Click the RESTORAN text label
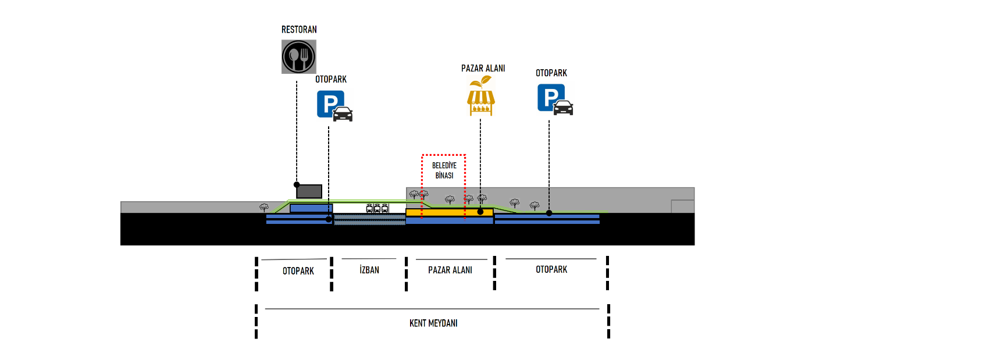pos(299,30)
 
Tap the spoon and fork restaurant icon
pos(299,56)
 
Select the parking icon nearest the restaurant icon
pos(334,106)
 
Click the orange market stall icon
pos(481,96)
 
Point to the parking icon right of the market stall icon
pos(555,99)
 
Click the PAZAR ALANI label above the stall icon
pos(483,69)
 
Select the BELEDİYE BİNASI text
pos(444,170)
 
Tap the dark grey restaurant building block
pos(309,191)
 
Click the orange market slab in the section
pos(449,212)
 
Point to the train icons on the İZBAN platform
pos(377,208)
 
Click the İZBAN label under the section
pos(369,270)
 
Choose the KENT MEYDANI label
pos(433,323)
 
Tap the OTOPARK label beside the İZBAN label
pos(298,271)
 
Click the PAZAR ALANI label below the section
pos(450,270)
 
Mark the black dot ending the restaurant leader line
pos(297,184)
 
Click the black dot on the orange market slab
pos(480,212)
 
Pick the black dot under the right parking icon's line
pos(549,213)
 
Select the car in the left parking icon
pos(343,114)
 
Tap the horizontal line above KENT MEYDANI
pos(432,309)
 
